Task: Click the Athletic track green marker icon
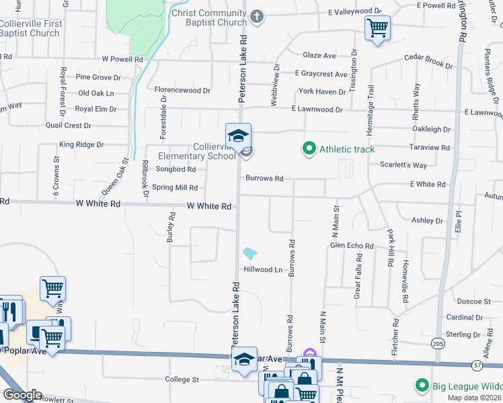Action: [x=309, y=148]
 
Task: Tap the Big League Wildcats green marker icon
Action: [x=422, y=386]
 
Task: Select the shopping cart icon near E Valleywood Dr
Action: [x=377, y=28]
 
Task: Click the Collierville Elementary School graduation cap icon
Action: [x=238, y=136]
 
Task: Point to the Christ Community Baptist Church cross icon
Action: [x=256, y=15]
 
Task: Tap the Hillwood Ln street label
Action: [x=263, y=269]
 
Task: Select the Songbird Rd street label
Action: [x=173, y=170]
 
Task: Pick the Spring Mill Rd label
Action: [x=175, y=188]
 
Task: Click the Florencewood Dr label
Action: [x=182, y=90]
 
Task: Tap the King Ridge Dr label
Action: [x=81, y=144]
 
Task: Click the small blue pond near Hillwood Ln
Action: [x=249, y=253]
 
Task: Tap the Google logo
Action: [x=22, y=394]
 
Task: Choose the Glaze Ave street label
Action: [x=319, y=56]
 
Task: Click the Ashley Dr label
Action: [x=428, y=220]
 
